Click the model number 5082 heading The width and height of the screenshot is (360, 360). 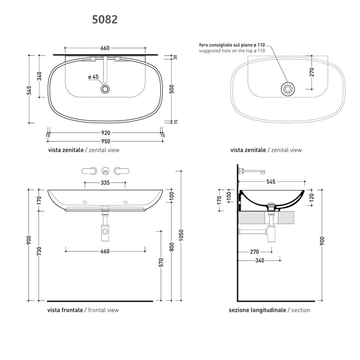[105, 19]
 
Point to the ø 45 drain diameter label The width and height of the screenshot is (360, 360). [93, 77]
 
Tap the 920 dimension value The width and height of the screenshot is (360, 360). [106, 133]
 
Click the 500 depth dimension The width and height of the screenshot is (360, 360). [172, 89]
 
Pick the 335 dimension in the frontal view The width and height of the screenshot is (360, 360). [105, 183]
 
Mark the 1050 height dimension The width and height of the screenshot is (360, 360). [181, 235]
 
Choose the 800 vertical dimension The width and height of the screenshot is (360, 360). [172, 247]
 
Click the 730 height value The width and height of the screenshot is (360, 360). [39, 251]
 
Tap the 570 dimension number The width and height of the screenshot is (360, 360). [161, 262]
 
